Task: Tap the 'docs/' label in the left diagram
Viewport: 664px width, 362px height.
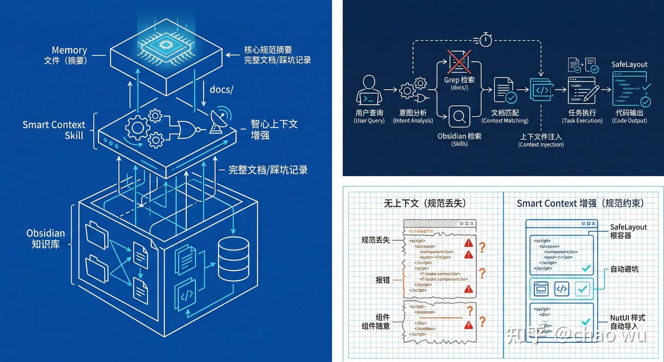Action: pyautogui.click(x=221, y=89)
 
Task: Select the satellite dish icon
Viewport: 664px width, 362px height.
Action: pyautogui.click(x=218, y=121)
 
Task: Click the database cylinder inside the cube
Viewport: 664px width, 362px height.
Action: pyautogui.click(x=233, y=259)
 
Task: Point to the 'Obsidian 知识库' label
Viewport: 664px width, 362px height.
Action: pyautogui.click(x=46, y=238)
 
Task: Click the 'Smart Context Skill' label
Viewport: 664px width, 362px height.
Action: pyautogui.click(x=54, y=130)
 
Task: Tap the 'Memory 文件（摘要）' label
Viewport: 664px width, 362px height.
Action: pyautogui.click(x=66, y=55)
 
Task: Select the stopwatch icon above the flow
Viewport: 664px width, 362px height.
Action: pyautogui.click(x=485, y=40)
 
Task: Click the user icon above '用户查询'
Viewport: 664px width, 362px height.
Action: pyautogui.click(x=369, y=90)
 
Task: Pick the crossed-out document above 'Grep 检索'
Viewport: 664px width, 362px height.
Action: pyautogui.click(x=459, y=62)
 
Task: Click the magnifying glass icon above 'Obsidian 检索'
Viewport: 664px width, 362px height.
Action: pyautogui.click(x=459, y=117)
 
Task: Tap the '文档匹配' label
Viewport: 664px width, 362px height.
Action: pyautogui.click(x=505, y=113)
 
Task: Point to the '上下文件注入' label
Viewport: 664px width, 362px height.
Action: pyautogui.click(x=541, y=136)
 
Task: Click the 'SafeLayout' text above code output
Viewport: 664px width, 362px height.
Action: pyautogui.click(x=629, y=65)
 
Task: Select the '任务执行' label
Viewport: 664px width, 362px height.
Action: pyautogui.click(x=582, y=113)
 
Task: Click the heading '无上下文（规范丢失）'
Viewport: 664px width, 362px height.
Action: pyautogui.click(x=425, y=203)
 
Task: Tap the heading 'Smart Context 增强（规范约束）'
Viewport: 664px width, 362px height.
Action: pyautogui.click(x=581, y=203)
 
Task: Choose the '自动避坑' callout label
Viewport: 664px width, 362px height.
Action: pyautogui.click(x=624, y=269)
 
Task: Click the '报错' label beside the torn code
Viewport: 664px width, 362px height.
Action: pyautogui.click(x=383, y=280)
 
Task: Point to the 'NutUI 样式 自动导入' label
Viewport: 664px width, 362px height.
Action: pyautogui.click(x=627, y=322)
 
